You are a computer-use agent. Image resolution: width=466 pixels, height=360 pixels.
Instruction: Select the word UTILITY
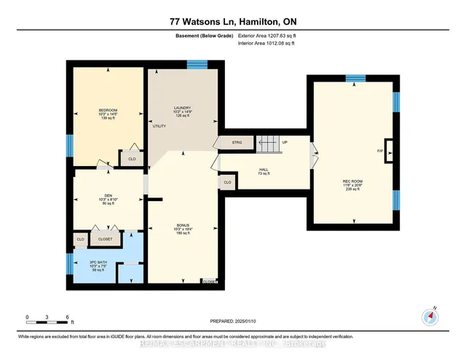(159, 126)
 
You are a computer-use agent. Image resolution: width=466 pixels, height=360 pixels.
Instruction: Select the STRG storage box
(237, 142)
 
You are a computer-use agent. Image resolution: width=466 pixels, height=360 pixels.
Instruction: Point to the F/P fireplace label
(380, 151)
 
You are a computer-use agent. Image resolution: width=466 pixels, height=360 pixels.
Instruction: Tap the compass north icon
(430, 316)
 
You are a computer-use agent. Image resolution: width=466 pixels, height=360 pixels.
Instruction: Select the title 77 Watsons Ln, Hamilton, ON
(233, 23)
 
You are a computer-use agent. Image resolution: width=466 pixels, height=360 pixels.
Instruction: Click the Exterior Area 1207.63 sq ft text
(272, 36)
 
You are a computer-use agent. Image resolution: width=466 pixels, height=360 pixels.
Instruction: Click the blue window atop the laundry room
(197, 65)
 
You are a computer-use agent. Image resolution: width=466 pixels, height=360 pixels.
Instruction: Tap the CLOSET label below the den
(106, 239)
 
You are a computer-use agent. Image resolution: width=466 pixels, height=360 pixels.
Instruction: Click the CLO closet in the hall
(227, 182)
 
